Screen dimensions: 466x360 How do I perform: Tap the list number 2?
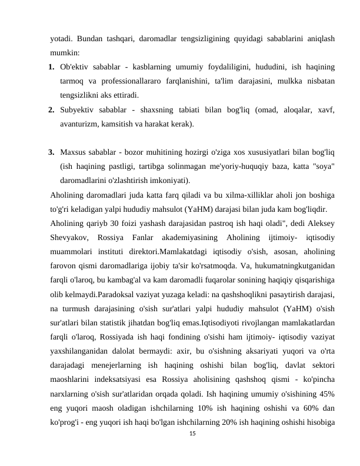pyautogui.click(x=52, y=110)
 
